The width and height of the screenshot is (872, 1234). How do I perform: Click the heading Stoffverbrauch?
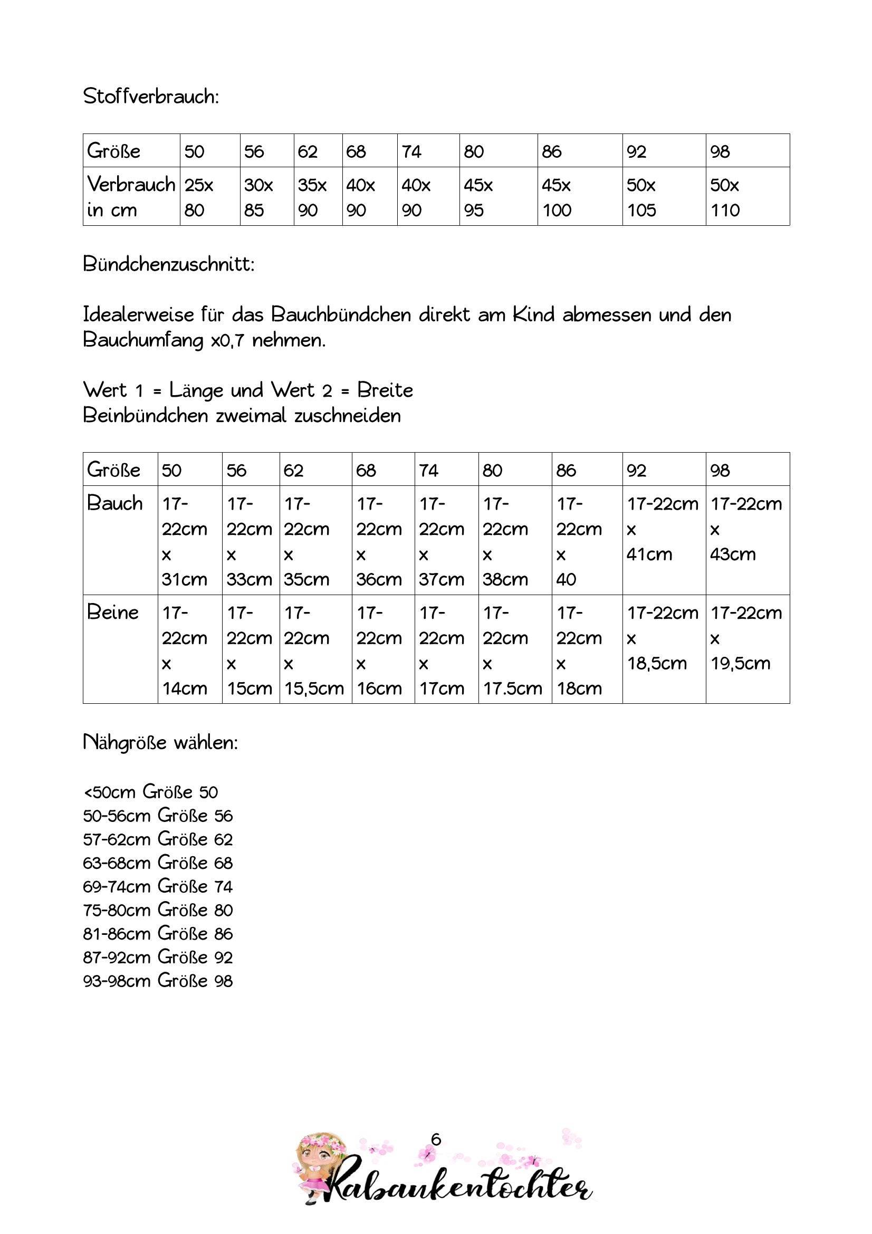(151, 97)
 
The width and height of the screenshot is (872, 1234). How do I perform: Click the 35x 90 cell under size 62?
(312, 197)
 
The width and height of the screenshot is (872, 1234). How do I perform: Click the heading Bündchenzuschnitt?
(169, 264)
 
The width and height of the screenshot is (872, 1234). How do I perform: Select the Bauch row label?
(115, 504)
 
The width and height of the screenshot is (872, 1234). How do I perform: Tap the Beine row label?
(113, 613)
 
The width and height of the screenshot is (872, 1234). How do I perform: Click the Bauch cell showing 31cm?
(184, 541)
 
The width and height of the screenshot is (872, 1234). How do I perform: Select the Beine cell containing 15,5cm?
(314, 650)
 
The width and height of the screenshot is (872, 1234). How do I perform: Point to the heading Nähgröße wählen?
(160, 743)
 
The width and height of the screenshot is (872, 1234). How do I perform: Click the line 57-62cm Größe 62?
(157, 839)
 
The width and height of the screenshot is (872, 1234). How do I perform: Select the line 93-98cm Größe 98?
(157, 981)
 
